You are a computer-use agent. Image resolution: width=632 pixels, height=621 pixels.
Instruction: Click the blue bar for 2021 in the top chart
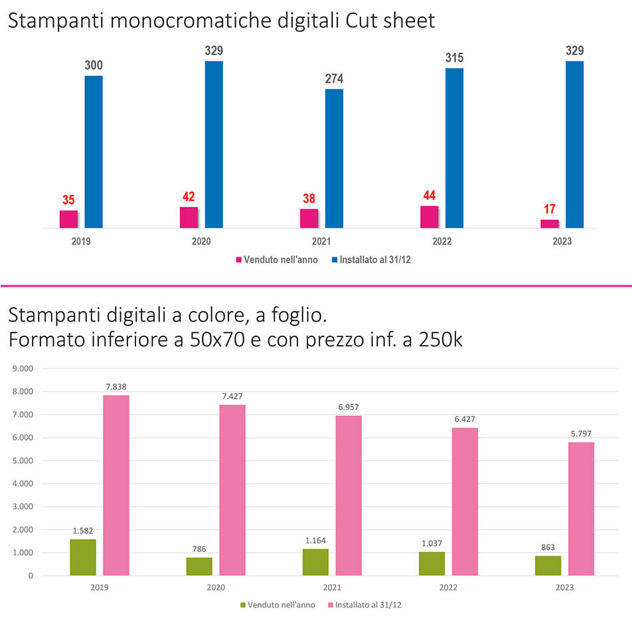pos(334,159)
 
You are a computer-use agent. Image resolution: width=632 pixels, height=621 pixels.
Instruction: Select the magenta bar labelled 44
pos(430,217)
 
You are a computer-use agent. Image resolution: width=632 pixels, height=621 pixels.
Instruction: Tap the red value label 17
pos(550,210)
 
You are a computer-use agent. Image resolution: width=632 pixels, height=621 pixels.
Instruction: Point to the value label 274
pos(334,79)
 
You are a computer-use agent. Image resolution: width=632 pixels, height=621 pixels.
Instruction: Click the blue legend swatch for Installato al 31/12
pos(335,260)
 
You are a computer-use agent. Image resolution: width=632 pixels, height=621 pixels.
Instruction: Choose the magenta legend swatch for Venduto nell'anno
pos(239,260)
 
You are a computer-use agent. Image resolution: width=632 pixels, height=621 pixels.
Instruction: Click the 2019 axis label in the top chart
pos(81,241)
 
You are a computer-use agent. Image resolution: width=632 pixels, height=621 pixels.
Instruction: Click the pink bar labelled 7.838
pos(116,485)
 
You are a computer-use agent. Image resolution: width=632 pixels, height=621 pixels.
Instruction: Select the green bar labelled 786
pos(199,566)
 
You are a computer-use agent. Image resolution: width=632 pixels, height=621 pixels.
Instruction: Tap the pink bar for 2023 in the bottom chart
pos(581,508)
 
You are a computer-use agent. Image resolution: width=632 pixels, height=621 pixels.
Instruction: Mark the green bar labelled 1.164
pos(315,562)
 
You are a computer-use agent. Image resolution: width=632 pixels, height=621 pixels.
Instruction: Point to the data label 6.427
pos(465,419)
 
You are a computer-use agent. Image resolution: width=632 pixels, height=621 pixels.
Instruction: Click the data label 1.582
pos(83,530)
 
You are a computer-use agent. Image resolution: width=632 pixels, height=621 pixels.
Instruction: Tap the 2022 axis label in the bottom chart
pos(449,588)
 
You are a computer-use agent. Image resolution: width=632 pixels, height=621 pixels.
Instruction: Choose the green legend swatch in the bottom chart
pos(243,605)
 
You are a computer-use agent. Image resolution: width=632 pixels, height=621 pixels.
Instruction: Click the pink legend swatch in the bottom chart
pos(331,605)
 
